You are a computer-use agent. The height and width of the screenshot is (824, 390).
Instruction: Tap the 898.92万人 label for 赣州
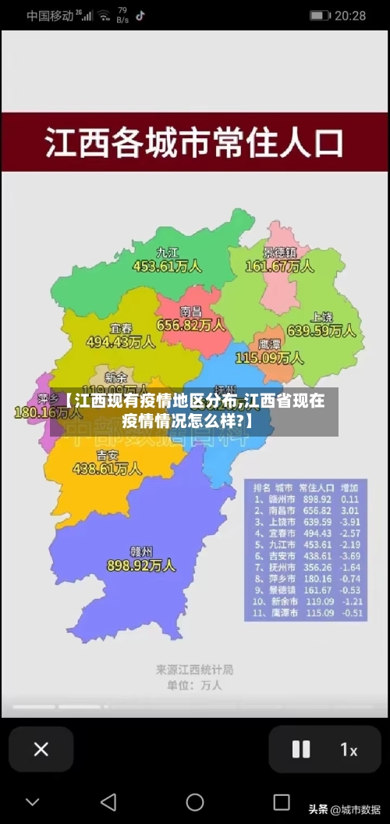pos(141,565)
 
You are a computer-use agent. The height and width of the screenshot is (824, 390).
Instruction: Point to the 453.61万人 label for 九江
pos(167,266)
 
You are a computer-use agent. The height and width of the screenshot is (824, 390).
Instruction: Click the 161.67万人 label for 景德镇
pos(280,266)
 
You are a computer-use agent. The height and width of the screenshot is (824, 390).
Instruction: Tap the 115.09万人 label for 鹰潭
pos(269,358)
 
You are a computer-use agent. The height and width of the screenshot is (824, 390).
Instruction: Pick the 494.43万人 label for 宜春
pos(120,341)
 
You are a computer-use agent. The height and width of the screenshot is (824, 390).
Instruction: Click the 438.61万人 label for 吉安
pos(107,469)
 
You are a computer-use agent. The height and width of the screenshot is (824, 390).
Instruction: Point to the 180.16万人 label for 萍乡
pos(37,412)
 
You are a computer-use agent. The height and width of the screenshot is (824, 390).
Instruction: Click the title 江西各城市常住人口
pos(194,144)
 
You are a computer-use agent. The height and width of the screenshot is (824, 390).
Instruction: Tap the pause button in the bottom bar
pos(300,749)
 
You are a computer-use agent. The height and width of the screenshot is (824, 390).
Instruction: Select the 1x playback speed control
pos(349,750)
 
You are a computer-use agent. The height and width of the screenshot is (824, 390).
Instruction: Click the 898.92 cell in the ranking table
pos(316,498)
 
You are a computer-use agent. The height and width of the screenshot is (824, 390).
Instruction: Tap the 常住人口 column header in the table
pos(316,486)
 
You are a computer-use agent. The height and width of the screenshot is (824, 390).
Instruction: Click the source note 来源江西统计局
pos(194,669)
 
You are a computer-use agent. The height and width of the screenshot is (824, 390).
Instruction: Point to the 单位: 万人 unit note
pos(194,685)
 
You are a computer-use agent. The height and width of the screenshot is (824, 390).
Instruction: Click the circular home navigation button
pos(195,802)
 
